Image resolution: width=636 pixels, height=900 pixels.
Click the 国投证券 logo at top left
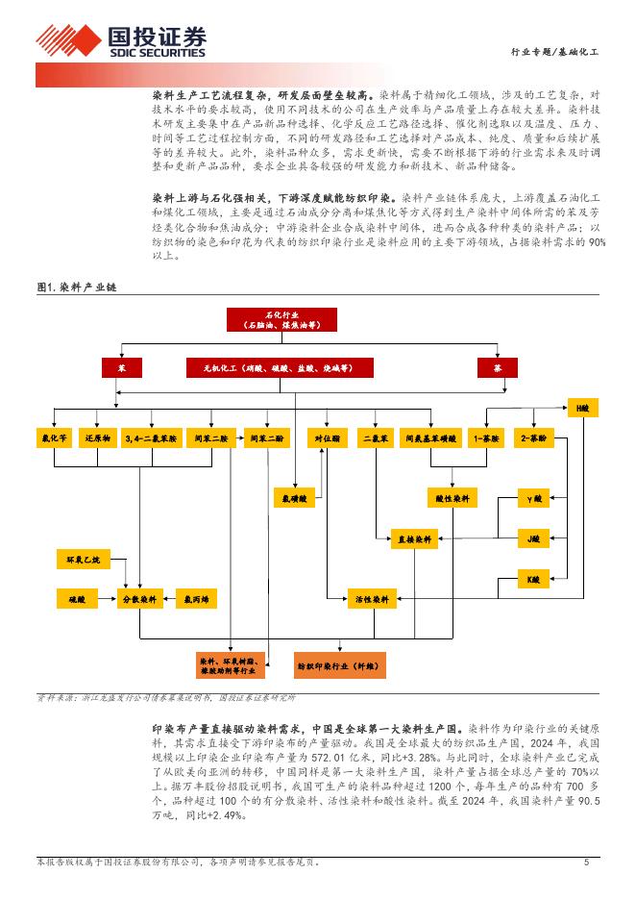122,41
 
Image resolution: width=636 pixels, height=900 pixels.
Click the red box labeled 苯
121,367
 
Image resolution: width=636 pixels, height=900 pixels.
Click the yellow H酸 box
581,409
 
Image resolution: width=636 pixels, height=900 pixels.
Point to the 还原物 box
98,438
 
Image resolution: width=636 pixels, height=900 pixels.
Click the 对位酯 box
326,438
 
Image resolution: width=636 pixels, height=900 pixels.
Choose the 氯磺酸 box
293,498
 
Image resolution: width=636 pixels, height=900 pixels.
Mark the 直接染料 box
414,538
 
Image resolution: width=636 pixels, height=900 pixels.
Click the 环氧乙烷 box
83,558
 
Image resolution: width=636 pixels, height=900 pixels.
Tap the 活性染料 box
371,599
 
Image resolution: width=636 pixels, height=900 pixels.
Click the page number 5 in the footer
585,862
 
